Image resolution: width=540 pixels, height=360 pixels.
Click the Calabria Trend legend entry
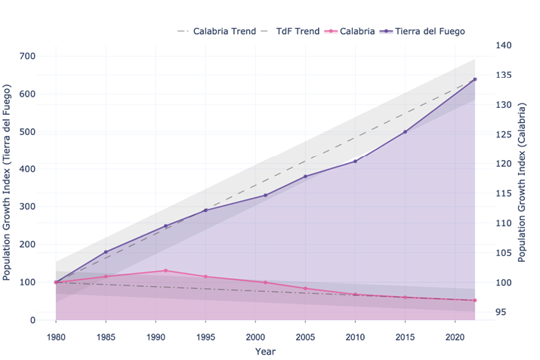pos(220,31)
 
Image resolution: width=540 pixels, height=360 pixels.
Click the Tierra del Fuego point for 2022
pos(474,79)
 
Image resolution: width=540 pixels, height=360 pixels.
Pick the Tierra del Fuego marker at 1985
pos(106,252)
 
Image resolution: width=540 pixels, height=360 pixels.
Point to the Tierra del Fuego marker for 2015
pos(405,132)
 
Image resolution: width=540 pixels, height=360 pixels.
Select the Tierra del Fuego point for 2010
pos(355,162)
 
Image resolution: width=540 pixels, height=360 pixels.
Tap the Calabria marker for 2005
pos(305,288)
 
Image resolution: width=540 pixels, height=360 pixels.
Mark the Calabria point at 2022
pos(474,300)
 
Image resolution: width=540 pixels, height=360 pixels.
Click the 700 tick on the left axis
pos(29,57)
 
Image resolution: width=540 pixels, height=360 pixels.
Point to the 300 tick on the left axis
pos(29,207)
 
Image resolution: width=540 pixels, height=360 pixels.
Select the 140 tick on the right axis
pos(505,45)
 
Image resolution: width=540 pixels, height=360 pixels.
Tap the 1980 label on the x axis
pos(56,334)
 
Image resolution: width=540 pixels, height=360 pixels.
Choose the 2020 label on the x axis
pos(455,334)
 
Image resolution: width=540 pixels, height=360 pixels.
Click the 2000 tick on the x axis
pos(255,334)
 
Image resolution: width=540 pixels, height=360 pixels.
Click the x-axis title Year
pos(265,351)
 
